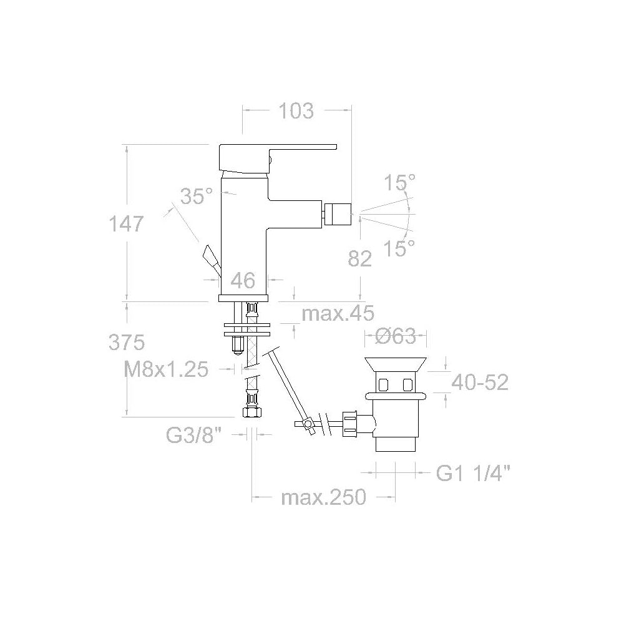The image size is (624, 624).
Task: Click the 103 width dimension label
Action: click(296, 111)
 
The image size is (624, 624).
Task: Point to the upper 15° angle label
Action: click(399, 183)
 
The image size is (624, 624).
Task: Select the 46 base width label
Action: click(243, 281)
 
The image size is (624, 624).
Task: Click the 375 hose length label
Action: click(127, 342)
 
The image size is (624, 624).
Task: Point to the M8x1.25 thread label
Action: click(166, 370)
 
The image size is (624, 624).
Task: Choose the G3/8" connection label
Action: click(194, 435)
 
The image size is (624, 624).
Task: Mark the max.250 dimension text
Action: click(323, 498)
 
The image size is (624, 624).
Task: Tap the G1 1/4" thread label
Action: click(474, 474)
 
